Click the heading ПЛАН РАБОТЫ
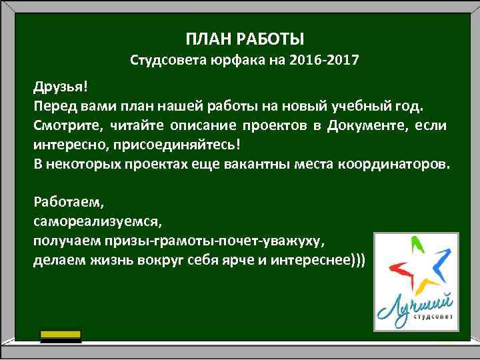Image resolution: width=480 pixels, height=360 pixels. point(244,37)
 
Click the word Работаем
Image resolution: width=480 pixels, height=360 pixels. point(66,201)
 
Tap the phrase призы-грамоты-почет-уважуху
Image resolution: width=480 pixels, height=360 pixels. point(221,239)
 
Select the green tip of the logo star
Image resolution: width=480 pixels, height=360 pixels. point(418,246)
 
